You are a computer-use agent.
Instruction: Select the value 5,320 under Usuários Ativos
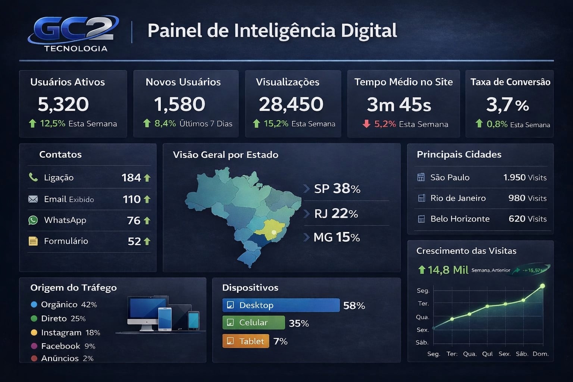[x=63, y=104]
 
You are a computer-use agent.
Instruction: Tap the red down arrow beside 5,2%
[x=366, y=124]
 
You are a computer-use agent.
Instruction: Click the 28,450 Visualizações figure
[x=291, y=104]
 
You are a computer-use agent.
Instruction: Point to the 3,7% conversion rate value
[x=507, y=105]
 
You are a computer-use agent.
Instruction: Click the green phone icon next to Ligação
[x=33, y=177]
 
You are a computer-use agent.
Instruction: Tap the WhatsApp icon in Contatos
[x=33, y=220]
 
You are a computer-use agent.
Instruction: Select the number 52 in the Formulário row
[x=134, y=241]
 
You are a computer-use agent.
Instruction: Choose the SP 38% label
[x=337, y=189]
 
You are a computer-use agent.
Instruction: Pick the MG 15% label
[x=336, y=237]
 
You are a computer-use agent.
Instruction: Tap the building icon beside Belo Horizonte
[x=421, y=219]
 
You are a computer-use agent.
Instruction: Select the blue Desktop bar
[x=281, y=305]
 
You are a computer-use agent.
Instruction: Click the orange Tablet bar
[x=246, y=341]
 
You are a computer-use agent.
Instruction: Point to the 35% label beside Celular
[x=299, y=323]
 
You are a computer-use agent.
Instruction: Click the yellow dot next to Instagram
[x=34, y=332]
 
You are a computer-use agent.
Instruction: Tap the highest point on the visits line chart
[x=542, y=286]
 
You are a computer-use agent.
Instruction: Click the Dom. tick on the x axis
[x=541, y=354]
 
